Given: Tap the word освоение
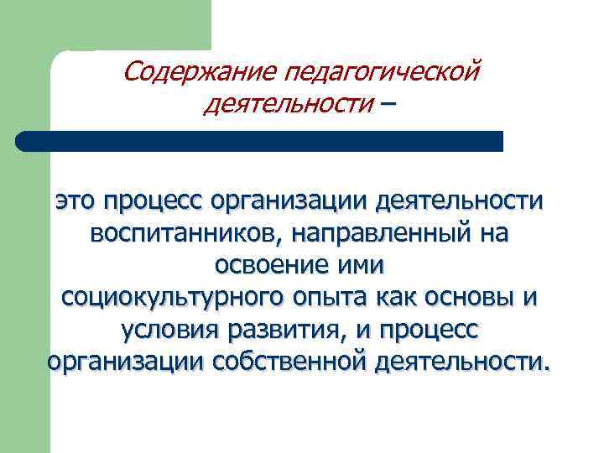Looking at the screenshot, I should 263,265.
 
